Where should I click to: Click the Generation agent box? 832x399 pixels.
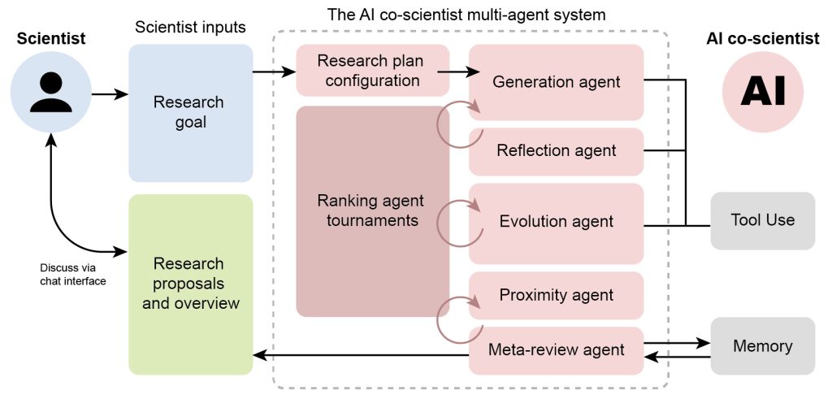tap(557, 81)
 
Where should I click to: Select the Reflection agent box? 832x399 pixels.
tap(557, 150)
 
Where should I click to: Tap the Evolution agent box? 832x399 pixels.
tap(557, 221)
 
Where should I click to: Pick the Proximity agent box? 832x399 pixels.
tap(557, 294)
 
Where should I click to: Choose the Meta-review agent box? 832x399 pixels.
tap(557, 350)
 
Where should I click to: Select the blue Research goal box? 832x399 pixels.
tap(190, 112)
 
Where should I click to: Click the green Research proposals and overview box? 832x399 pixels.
tap(190, 284)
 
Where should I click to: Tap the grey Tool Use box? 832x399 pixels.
tap(762, 220)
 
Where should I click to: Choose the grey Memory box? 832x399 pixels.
tap(762, 346)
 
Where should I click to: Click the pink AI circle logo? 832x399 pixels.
tap(762, 89)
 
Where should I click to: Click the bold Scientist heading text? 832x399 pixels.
tap(51, 38)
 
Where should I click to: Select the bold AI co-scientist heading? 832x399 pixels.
tap(762, 38)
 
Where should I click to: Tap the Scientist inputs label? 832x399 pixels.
tap(190, 28)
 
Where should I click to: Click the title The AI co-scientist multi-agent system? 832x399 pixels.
tap(466, 14)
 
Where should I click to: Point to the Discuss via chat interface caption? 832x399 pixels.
tap(73, 274)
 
